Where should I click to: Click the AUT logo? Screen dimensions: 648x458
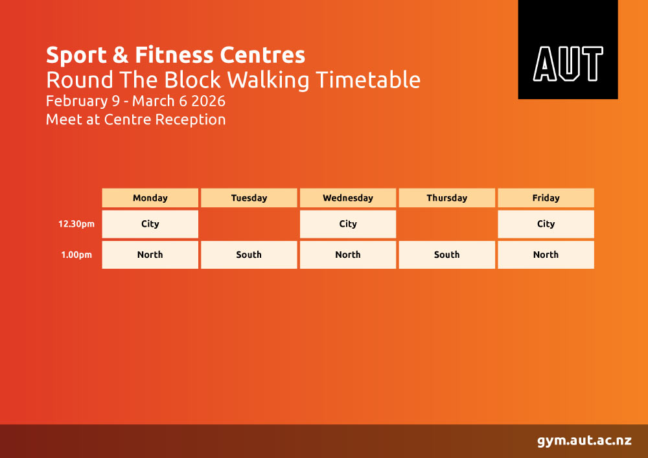pyautogui.click(x=568, y=50)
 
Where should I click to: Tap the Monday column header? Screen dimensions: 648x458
pyautogui.click(x=150, y=198)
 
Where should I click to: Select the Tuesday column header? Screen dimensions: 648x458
pyautogui.click(x=249, y=198)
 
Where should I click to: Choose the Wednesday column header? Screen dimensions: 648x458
pyautogui.click(x=348, y=198)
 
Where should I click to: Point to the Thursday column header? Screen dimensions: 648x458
pyautogui.click(x=446, y=198)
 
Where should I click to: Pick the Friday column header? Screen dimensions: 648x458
pyautogui.click(x=546, y=198)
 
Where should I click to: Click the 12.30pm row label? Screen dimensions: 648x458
pyautogui.click(x=76, y=224)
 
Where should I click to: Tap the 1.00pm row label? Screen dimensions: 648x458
pyautogui.click(x=76, y=255)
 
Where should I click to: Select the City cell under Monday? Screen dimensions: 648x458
pyautogui.click(x=150, y=224)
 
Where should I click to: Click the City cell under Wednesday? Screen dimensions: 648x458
pyautogui.click(x=348, y=224)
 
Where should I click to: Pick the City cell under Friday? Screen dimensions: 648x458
pyautogui.click(x=546, y=224)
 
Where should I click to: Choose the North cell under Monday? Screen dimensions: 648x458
pyautogui.click(x=150, y=255)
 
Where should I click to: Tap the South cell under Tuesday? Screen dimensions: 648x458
pyautogui.click(x=249, y=255)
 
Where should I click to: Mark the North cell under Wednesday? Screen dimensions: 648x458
pyautogui.click(x=348, y=255)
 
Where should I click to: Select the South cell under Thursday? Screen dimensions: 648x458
pyautogui.click(x=446, y=255)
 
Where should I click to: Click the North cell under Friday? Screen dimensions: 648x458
pyautogui.click(x=546, y=255)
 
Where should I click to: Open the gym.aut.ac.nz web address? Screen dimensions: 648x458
pyautogui.click(x=584, y=441)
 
